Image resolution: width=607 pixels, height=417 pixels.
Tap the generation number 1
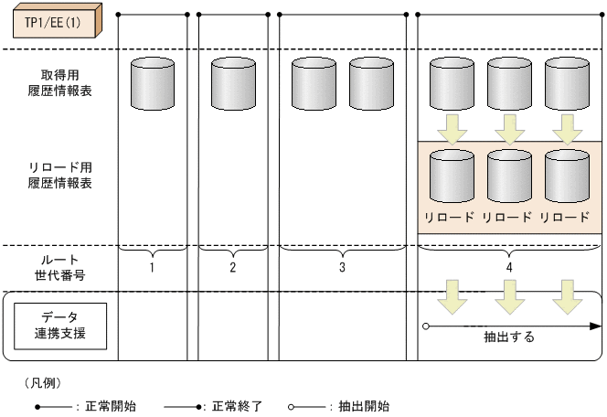153,268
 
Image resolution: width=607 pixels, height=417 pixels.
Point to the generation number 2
233,268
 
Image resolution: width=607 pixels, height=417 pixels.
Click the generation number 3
342,268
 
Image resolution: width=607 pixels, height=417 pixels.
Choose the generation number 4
509,268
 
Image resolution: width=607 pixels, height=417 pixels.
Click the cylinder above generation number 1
153,84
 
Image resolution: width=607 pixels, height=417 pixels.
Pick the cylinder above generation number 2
233,84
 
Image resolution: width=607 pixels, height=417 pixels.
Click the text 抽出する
509,337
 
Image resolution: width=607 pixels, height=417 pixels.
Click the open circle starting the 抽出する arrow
426,325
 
